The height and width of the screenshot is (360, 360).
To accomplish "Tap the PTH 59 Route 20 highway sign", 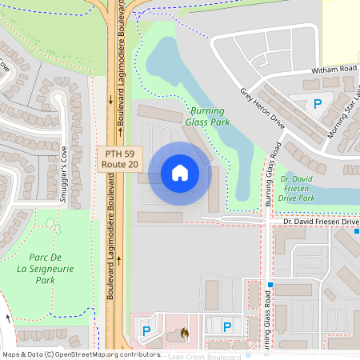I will (x=119, y=158).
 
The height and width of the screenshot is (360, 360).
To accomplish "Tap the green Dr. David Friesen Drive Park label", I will (x=309, y=188).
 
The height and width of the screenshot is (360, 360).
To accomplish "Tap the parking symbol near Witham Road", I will (x=318, y=103).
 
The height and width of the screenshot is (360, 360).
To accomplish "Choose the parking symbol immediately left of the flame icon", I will (x=146, y=329).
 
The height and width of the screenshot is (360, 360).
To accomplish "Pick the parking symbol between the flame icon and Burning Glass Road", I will (x=227, y=326).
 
